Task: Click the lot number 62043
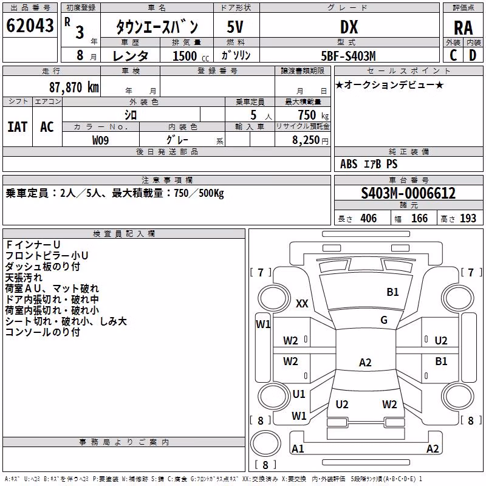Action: [x=30, y=26]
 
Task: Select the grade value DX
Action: [x=349, y=27]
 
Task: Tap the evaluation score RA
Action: [x=463, y=28]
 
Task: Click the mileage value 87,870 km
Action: [x=74, y=87]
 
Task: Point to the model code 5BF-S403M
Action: [x=348, y=56]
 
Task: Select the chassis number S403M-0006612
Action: [x=408, y=193]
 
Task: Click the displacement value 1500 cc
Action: [x=191, y=56]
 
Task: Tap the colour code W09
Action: [x=100, y=140]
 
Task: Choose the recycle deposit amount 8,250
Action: [x=306, y=140]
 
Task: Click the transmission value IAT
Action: [x=18, y=127]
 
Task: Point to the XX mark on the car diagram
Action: [x=302, y=303]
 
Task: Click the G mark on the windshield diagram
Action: [x=384, y=320]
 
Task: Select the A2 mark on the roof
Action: [x=365, y=362]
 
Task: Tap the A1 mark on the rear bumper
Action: [x=298, y=448]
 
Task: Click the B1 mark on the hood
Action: [x=392, y=292]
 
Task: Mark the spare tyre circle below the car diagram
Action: [x=265, y=443]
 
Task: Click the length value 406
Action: [x=369, y=218]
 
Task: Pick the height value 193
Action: [x=468, y=218]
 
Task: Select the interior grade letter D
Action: [x=473, y=55]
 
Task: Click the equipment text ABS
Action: [x=349, y=164]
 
